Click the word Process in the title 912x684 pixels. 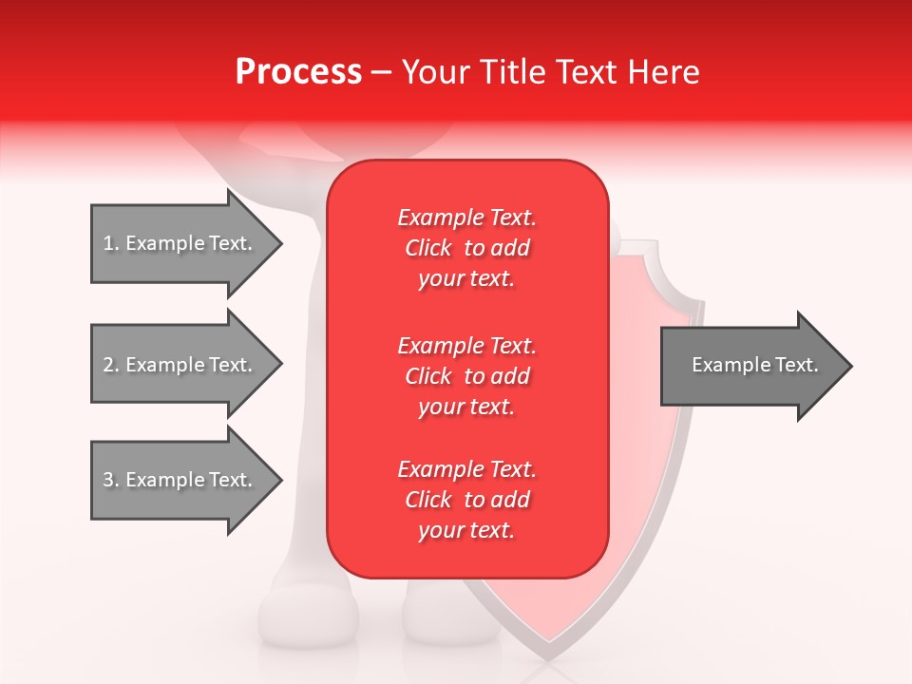click(x=298, y=72)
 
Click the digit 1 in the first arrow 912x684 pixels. click(x=107, y=243)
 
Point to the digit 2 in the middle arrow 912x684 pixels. click(x=107, y=365)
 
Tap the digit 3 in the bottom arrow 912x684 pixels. click(x=107, y=480)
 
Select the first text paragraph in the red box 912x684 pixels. click(x=466, y=248)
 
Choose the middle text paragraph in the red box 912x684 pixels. click(x=466, y=375)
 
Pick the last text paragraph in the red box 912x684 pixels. click(x=466, y=500)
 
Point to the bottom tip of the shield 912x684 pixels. click(x=548, y=656)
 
